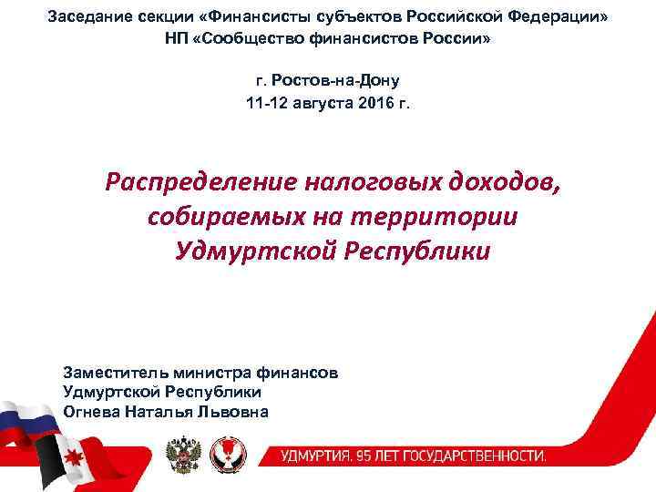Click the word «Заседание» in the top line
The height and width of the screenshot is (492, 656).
(83, 18)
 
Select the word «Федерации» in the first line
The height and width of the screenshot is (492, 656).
(564, 18)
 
